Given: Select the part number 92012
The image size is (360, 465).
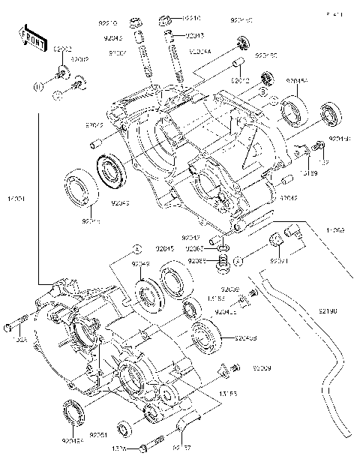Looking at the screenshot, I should point(240,80).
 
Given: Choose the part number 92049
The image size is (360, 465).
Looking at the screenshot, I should point(141,264).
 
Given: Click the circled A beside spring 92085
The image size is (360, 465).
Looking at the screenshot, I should point(237,260).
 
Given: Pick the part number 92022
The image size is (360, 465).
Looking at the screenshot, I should point(94,125).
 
